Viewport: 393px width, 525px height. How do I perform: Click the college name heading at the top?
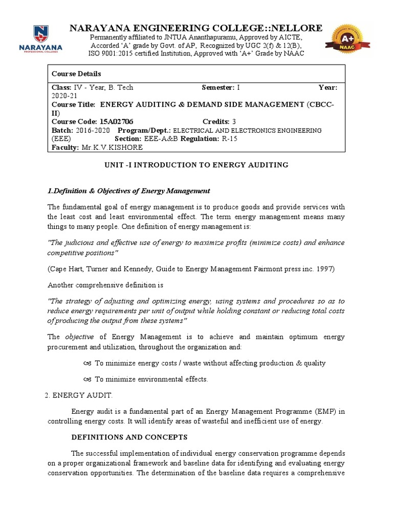(196, 28)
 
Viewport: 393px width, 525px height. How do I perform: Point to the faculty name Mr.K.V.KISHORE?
(113, 147)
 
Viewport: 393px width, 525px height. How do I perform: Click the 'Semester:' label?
(218, 88)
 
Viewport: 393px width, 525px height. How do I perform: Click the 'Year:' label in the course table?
(328, 88)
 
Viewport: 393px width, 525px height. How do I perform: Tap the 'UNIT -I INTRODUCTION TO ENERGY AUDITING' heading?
(196, 165)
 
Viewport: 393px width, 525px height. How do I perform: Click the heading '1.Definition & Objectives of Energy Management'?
(129, 191)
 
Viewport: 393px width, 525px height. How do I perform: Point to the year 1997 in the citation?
(325, 268)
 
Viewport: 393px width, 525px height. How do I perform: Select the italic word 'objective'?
(79, 337)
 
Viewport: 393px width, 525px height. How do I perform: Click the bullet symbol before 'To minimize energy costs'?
(86, 363)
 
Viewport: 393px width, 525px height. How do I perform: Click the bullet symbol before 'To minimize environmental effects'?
(86, 379)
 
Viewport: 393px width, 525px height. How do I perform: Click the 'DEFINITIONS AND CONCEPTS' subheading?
(129, 437)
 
